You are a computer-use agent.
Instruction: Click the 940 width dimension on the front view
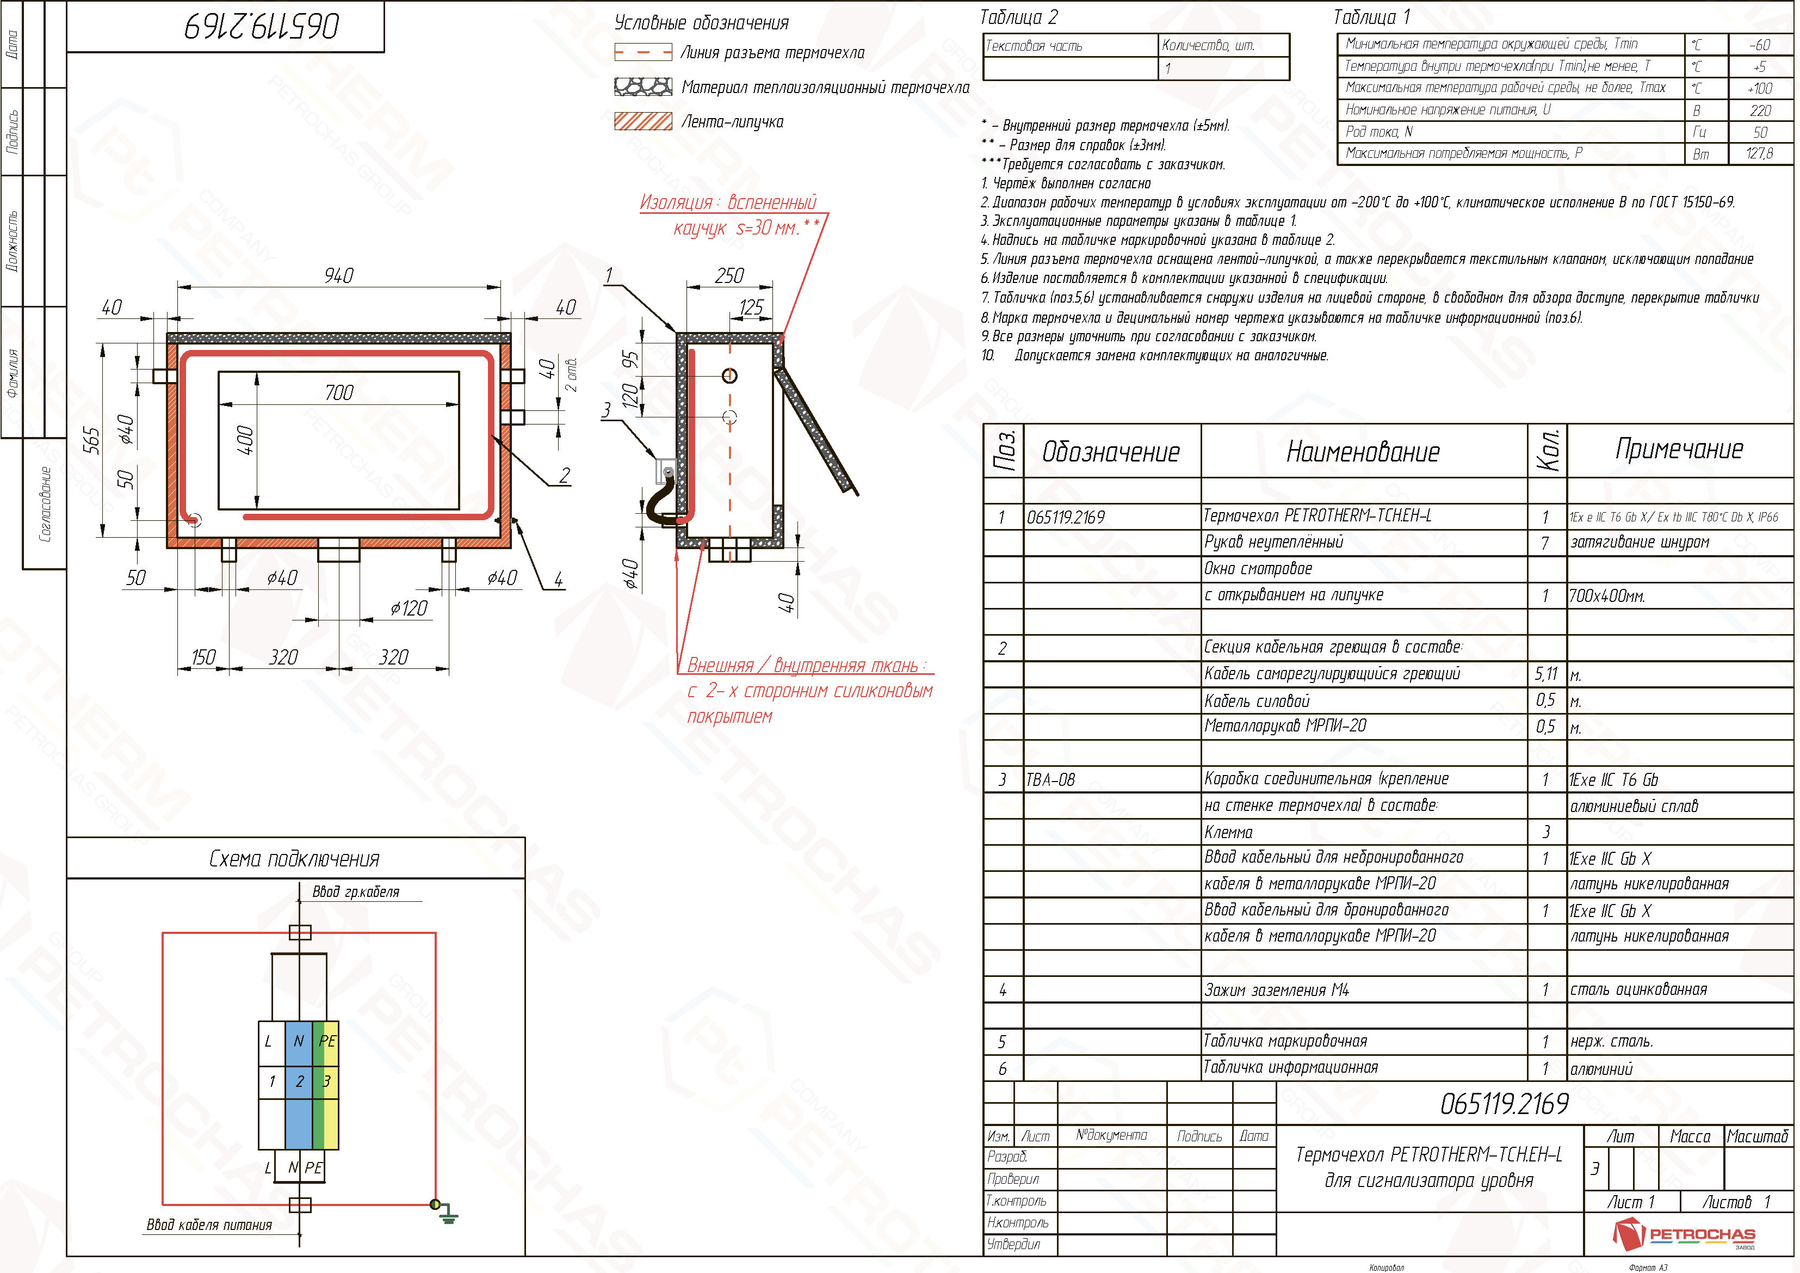tap(339, 275)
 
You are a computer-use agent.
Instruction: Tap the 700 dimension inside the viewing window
tap(339, 392)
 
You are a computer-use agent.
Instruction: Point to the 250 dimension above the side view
tap(729, 275)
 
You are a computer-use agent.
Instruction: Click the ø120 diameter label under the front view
tap(409, 608)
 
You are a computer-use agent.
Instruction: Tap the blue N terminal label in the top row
tap(299, 1041)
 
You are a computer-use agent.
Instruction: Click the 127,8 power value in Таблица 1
tap(1759, 153)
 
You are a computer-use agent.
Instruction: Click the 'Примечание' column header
tap(1679, 450)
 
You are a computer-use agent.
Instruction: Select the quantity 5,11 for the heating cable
tap(1546, 674)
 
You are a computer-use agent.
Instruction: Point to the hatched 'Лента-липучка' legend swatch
tap(643, 121)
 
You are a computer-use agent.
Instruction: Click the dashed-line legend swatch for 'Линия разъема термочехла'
tap(643, 53)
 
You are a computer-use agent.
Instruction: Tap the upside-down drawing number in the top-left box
tap(262, 26)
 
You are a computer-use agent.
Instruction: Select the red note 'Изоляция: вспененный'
tap(727, 202)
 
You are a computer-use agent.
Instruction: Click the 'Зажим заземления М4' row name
tap(1276, 990)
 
